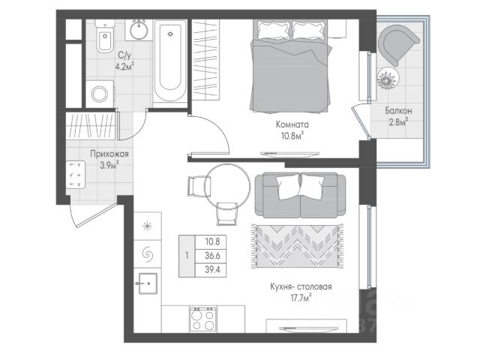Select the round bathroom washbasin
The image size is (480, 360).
click(x=139, y=30)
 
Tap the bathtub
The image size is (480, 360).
click(x=170, y=61)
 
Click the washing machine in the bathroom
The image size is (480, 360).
click(x=100, y=94)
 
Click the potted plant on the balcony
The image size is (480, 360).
click(x=388, y=78)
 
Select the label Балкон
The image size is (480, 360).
click(x=398, y=110)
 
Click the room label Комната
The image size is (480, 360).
click(x=292, y=124)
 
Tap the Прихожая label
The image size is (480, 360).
click(x=109, y=154)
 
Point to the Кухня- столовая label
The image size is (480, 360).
click(x=301, y=286)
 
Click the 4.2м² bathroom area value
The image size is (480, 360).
click(x=124, y=66)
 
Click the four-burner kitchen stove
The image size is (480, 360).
click(x=202, y=319)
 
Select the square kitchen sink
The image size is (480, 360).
click(x=148, y=283)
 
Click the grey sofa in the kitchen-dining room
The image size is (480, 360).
click(x=300, y=195)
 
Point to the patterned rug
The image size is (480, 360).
click(x=297, y=247)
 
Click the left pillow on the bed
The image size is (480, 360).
click(x=273, y=30)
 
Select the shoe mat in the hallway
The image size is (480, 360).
click(x=76, y=175)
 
